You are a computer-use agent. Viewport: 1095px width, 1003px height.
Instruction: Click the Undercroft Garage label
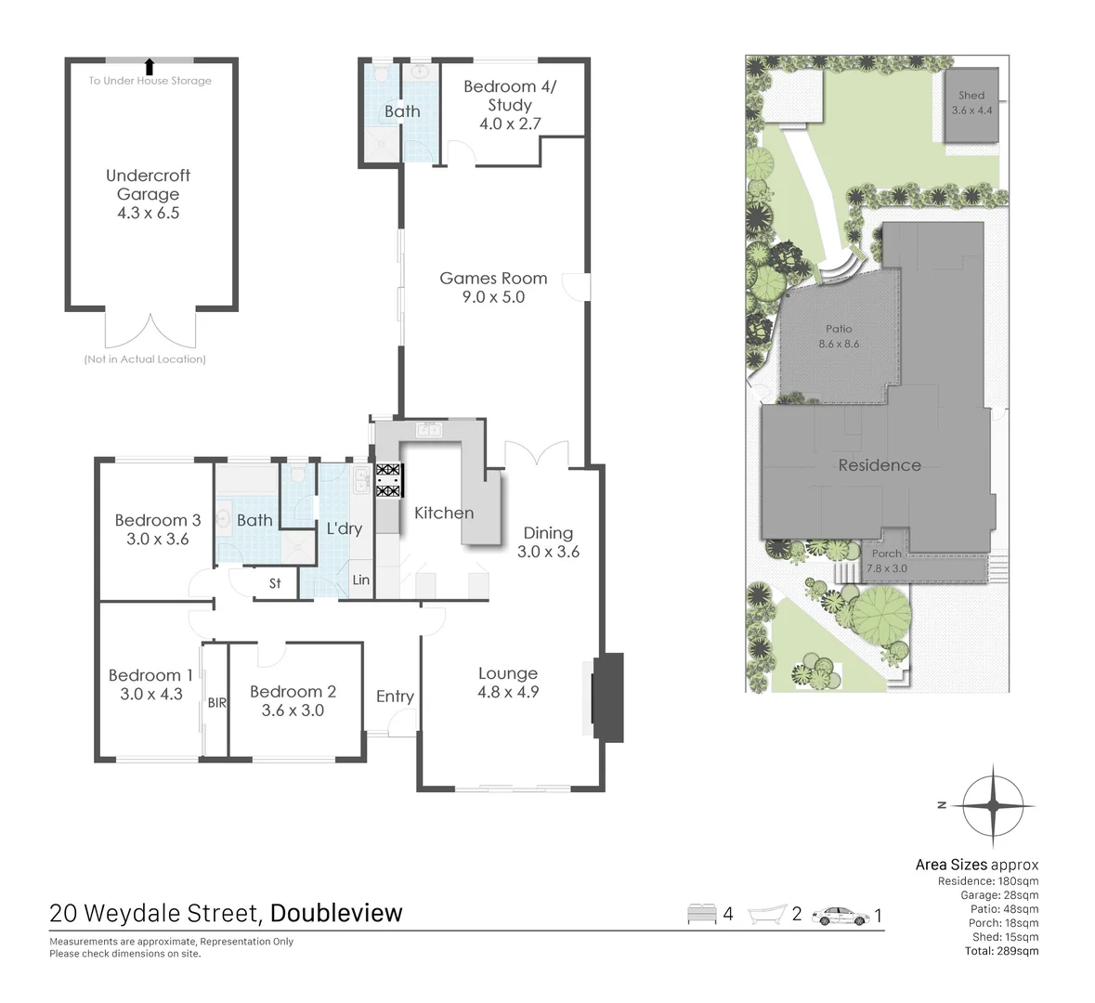(148, 193)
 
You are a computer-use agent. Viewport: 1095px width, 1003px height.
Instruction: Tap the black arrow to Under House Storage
(150, 65)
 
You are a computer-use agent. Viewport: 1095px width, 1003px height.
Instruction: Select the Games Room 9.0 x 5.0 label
(493, 287)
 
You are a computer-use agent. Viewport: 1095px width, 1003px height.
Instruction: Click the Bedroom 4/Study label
(510, 104)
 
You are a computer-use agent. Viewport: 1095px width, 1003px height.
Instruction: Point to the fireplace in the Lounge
(607, 697)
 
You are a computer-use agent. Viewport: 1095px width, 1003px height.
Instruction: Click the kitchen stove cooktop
(387, 480)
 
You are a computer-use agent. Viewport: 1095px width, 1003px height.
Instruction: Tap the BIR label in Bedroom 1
(216, 703)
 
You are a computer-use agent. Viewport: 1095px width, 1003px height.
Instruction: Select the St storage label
(275, 583)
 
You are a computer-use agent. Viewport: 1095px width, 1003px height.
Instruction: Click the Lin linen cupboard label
(361, 580)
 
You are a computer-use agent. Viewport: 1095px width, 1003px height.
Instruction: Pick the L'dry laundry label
(344, 528)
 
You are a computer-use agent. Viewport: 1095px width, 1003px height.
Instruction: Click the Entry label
(395, 697)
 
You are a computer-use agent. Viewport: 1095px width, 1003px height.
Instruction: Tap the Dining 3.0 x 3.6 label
(548, 541)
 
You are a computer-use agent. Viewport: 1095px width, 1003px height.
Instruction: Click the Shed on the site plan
(971, 102)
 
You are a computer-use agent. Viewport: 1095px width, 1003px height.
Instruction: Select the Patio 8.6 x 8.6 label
(839, 335)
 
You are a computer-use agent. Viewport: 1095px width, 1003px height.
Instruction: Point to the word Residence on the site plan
(879, 465)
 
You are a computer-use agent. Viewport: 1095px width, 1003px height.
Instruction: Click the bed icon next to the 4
(701, 915)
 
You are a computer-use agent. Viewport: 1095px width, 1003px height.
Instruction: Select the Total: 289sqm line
(1001, 951)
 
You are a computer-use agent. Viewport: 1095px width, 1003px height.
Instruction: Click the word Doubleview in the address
(336, 913)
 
